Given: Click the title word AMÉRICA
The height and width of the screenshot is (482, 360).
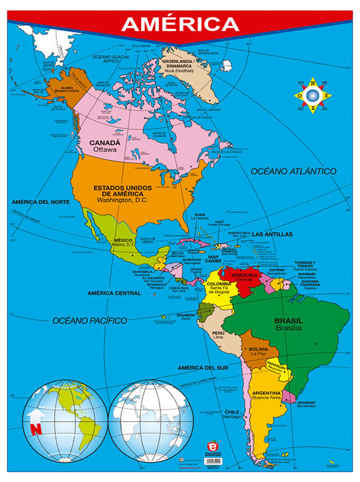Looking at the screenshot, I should click(x=180, y=23).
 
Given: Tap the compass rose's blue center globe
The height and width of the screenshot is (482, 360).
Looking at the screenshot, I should click(x=312, y=95).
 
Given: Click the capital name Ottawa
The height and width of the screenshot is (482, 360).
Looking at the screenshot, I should click(x=104, y=150).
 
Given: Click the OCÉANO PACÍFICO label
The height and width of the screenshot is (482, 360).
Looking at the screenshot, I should click(x=89, y=321).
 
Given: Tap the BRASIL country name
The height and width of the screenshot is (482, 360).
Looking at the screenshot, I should click(x=288, y=321).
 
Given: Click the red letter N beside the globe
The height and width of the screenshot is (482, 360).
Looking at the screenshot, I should click(x=36, y=430).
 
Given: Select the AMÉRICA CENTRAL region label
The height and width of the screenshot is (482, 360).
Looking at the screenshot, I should click(x=115, y=293).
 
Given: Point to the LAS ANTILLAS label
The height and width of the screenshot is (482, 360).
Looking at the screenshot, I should click(x=272, y=234).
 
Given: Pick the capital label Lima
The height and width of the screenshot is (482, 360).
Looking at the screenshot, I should click(x=218, y=338).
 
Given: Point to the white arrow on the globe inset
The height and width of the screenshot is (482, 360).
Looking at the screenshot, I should click(x=36, y=414).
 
